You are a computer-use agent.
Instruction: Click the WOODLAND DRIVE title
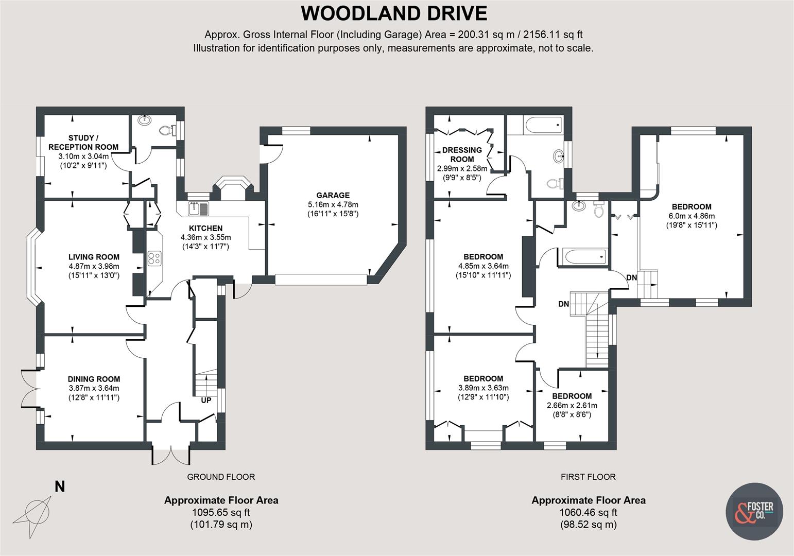(x=394, y=13)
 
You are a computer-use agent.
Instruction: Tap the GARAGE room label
(x=333, y=195)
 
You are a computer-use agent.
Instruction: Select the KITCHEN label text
(x=205, y=228)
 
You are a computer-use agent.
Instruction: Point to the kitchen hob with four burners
(x=154, y=258)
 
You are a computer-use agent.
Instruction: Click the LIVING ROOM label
(x=94, y=257)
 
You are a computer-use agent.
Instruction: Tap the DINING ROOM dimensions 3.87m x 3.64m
(x=94, y=388)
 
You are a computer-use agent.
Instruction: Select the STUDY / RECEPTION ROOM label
(x=83, y=142)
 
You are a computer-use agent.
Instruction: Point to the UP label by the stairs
(x=206, y=400)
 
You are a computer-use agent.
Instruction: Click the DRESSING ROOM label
(x=462, y=154)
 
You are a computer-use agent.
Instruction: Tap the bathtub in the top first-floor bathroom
(x=543, y=124)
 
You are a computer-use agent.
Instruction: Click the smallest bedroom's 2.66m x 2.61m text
(x=572, y=405)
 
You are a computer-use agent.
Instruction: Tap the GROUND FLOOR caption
(x=220, y=477)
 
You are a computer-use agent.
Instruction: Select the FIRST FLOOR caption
(x=588, y=477)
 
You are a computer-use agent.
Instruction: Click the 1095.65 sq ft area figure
(x=221, y=512)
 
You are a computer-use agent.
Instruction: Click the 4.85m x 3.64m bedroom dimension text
(x=483, y=266)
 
